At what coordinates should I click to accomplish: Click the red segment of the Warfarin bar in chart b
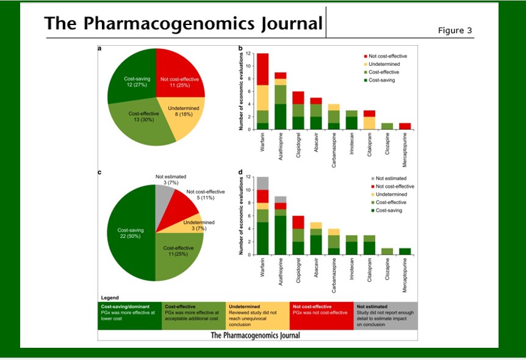click(263, 69)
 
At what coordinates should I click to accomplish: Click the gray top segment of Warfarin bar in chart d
click(263, 182)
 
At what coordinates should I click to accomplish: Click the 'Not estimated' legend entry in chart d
click(390, 178)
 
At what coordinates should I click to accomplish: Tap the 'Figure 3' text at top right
click(455, 31)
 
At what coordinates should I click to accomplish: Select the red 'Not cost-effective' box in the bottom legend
click(322, 315)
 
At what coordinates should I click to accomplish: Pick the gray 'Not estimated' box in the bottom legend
click(385, 315)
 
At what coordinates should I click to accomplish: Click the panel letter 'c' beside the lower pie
click(100, 173)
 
